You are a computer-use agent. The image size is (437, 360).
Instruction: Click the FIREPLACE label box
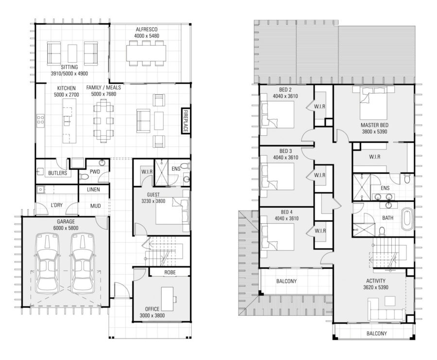[185, 121]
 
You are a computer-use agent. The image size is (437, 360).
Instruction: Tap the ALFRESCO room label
[147, 29]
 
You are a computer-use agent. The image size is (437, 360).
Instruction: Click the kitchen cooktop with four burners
[40, 120]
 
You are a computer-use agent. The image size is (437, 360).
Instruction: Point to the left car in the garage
[48, 262]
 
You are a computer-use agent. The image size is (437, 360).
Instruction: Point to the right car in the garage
[83, 262]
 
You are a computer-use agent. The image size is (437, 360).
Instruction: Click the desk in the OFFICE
[168, 299]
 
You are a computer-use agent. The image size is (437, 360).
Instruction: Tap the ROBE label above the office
[170, 272]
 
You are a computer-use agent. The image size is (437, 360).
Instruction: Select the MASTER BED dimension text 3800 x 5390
[374, 131]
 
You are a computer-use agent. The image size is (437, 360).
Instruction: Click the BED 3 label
[286, 151]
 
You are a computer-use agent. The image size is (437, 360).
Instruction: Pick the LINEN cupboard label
[93, 189]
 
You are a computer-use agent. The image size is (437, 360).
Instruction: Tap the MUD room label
[96, 206]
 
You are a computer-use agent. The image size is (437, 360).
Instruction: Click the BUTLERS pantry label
[58, 173]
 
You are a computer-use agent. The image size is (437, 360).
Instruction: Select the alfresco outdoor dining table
[146, 53]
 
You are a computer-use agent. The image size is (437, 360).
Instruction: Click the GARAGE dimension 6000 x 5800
[66, 228]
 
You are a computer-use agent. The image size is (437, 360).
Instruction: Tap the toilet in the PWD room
[84, 177]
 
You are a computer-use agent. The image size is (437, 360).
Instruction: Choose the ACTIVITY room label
[376, 280]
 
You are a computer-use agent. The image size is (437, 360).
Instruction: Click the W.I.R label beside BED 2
[319, 106]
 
